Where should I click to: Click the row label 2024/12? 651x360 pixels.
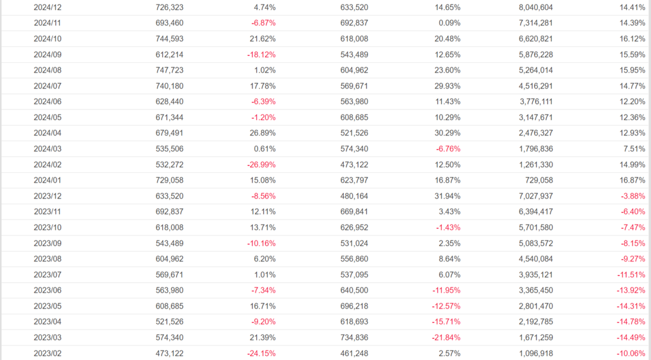[x=48, y=8]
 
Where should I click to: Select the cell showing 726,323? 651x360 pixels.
[x=169, y=8]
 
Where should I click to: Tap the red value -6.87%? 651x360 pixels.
[x=261, y=23]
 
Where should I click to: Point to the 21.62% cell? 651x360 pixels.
[x=262, y=39]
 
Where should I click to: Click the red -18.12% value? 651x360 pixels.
[x=261, y=55]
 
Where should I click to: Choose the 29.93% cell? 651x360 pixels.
[x=446, y=86]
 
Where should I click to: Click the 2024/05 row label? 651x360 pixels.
[x=48, y=118]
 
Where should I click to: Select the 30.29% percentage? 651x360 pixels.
[x=446, y=133]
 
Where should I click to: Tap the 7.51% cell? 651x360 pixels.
[x=633, y=149]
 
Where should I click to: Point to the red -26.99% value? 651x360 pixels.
[x=261, y=165]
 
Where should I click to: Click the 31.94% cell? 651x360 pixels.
[x=446, y=196]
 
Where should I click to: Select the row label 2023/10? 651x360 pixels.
[x=48, y=227]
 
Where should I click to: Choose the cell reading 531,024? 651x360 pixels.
[x=353, y=243]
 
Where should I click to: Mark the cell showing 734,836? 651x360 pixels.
[x=353, y=337]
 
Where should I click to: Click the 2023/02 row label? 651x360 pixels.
[x=48, y=353]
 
